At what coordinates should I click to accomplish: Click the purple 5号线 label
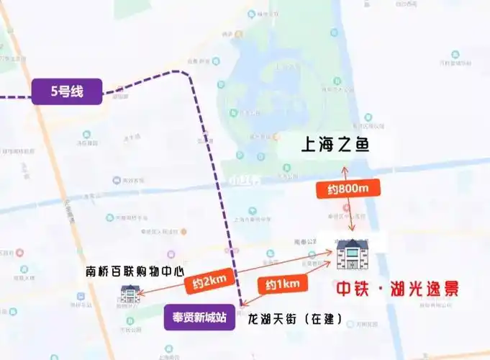66,92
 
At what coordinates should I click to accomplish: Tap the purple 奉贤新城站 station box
199,317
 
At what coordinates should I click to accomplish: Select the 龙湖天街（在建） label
294,318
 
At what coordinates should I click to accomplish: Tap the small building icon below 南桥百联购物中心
130,294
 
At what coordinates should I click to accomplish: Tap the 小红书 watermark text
242,180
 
